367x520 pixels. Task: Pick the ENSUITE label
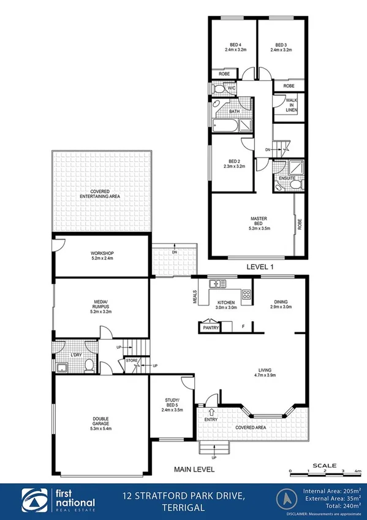click(x=287, y=178)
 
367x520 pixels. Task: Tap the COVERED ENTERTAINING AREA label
click(x=102, y=194)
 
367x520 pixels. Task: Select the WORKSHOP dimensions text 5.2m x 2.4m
click(x=101, y=259)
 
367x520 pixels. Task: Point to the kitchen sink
click(x=216, y=284)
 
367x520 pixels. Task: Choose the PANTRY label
click(x=211, y=328)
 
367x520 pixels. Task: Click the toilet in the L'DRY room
click(x=89, y=366)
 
